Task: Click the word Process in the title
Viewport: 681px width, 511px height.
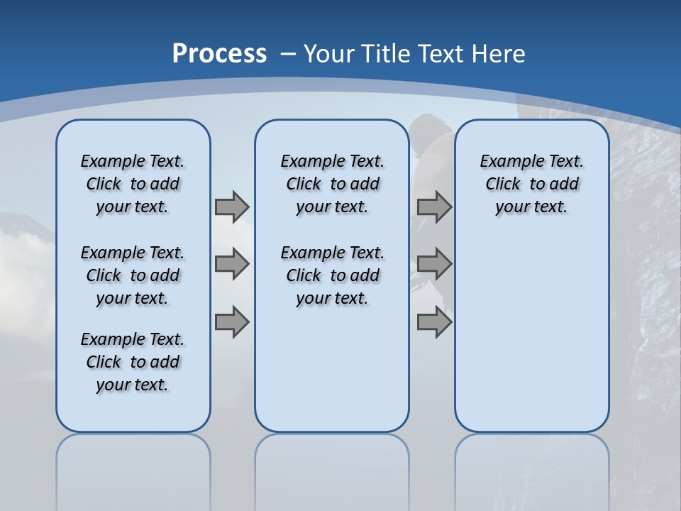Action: pyautogui.click(x=219, y=54)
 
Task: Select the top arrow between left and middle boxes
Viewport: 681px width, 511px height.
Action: pyautogui.click(x=232, y=207)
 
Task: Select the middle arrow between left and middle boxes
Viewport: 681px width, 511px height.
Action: pyautogui.click(x=232, y=264)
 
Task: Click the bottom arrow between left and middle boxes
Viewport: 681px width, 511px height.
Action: pyautogui.click(x=232, y=322)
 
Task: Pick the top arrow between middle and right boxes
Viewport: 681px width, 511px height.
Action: pyautogui.click(x=434, y=207)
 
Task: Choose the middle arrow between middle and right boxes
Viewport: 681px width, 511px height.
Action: pyautogui.click(x=434, y=264)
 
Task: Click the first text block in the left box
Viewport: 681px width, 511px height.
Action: pyautogui.click(x=133, y=184)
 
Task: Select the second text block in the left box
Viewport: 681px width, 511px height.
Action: pyautogui.click(x=133, y=275)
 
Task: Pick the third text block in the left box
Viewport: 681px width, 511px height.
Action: pyautogui.click(x=133, y=362)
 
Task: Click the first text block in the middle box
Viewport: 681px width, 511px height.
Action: pyautogui.click(x=333, y=184)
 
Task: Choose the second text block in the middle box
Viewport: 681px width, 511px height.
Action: pyautogui.click(x=333, y=275)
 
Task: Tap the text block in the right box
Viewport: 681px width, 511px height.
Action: pyautogui.click(x=532, y=184)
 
